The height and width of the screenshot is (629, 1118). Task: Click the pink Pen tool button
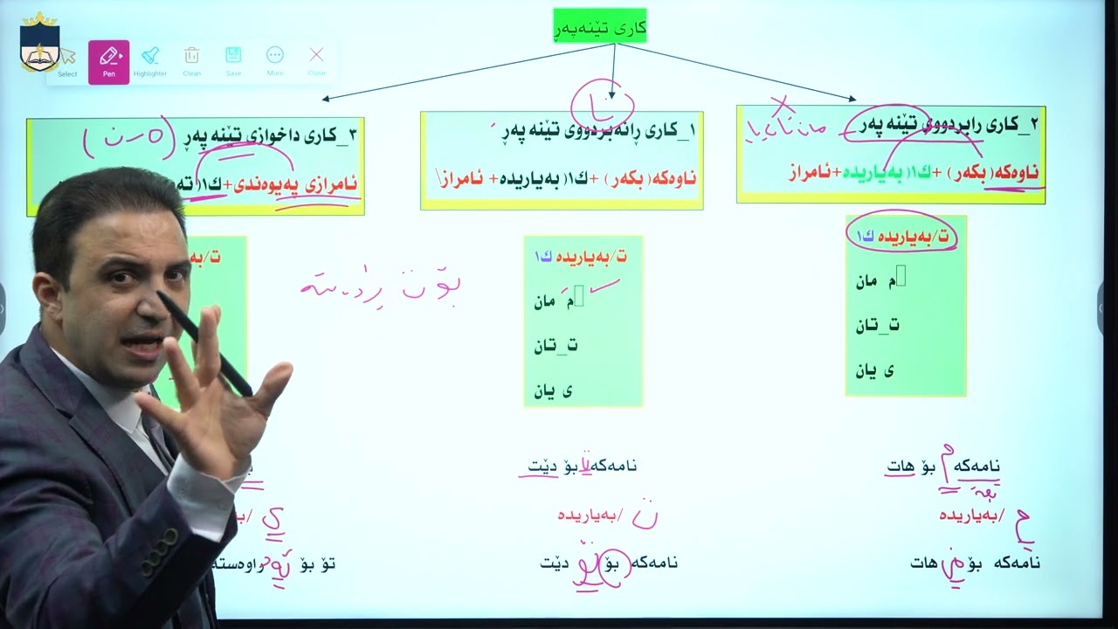(x=109, y=61)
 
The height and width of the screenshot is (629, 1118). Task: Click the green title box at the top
(x=600, y=26)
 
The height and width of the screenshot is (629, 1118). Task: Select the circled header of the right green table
(x=903, y=237)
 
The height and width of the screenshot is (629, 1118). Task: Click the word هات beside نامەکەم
(x=901, y=467)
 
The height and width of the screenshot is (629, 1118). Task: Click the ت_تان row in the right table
(x=877, y=325)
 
